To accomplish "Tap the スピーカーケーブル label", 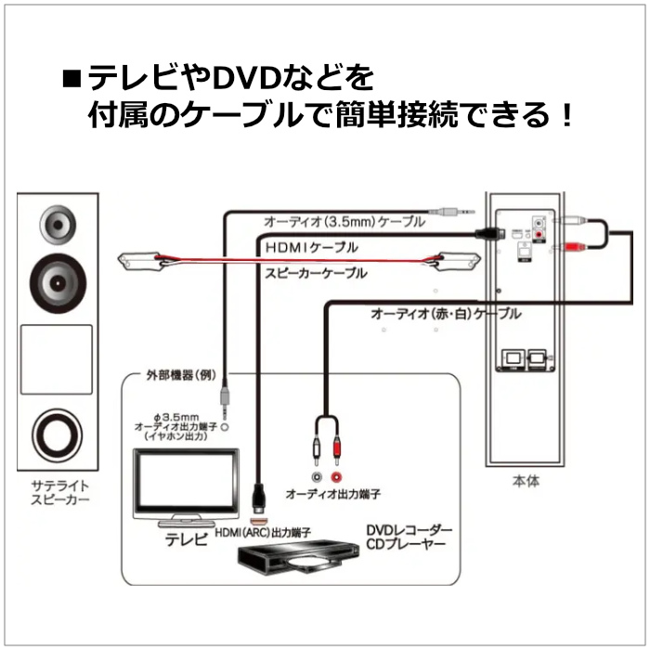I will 316,274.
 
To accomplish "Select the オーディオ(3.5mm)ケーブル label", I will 344,223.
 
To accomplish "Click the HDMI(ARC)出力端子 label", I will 263,532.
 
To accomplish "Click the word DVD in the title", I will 243,74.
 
